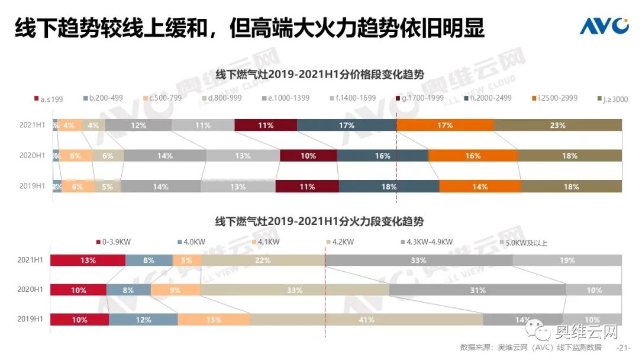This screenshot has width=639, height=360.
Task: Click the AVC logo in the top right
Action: coord(603,25)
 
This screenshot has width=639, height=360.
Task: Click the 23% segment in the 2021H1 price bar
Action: coord(557,125)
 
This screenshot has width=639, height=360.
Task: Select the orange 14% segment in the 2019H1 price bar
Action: coord(480,186)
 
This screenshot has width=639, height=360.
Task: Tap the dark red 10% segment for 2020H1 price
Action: coord(308,156)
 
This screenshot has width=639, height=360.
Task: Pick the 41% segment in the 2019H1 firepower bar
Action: coord(366,320)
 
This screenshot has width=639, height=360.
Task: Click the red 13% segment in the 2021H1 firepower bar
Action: coord(88,261)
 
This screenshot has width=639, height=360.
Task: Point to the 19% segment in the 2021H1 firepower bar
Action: coord(567,261)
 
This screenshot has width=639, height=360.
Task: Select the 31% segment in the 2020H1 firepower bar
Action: coord(477,290)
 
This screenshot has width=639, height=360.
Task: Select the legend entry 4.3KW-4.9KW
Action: coord(426,242)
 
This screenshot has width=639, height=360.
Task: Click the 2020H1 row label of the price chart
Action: coord(32,156)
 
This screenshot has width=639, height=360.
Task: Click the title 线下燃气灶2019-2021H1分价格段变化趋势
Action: coord(319,75)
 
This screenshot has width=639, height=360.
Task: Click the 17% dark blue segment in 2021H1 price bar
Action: coord(347,125)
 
